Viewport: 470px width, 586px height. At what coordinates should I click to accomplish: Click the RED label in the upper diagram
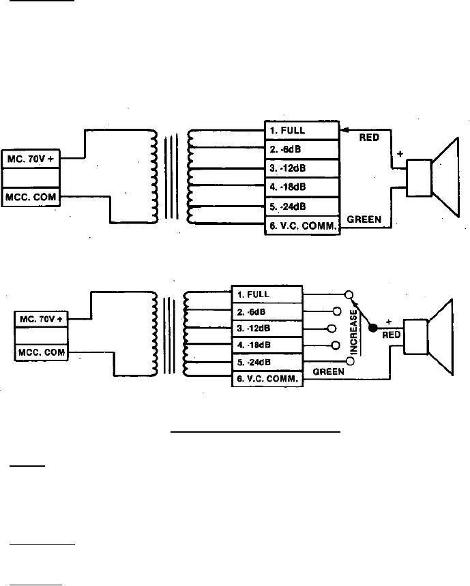[373, 136]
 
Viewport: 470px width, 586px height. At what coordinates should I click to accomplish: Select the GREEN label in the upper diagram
[369, 219]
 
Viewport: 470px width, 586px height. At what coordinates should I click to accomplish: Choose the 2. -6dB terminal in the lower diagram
[267, 312]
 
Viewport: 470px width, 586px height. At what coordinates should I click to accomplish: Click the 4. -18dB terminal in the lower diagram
[267, 345]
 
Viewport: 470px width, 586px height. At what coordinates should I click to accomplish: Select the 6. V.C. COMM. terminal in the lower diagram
[267, 380]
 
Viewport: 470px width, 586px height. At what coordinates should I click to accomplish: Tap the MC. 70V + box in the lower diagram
[42, 318]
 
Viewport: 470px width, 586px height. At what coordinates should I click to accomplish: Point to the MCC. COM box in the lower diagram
[42, 353]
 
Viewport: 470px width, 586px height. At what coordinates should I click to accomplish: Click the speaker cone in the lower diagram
[445, 337]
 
